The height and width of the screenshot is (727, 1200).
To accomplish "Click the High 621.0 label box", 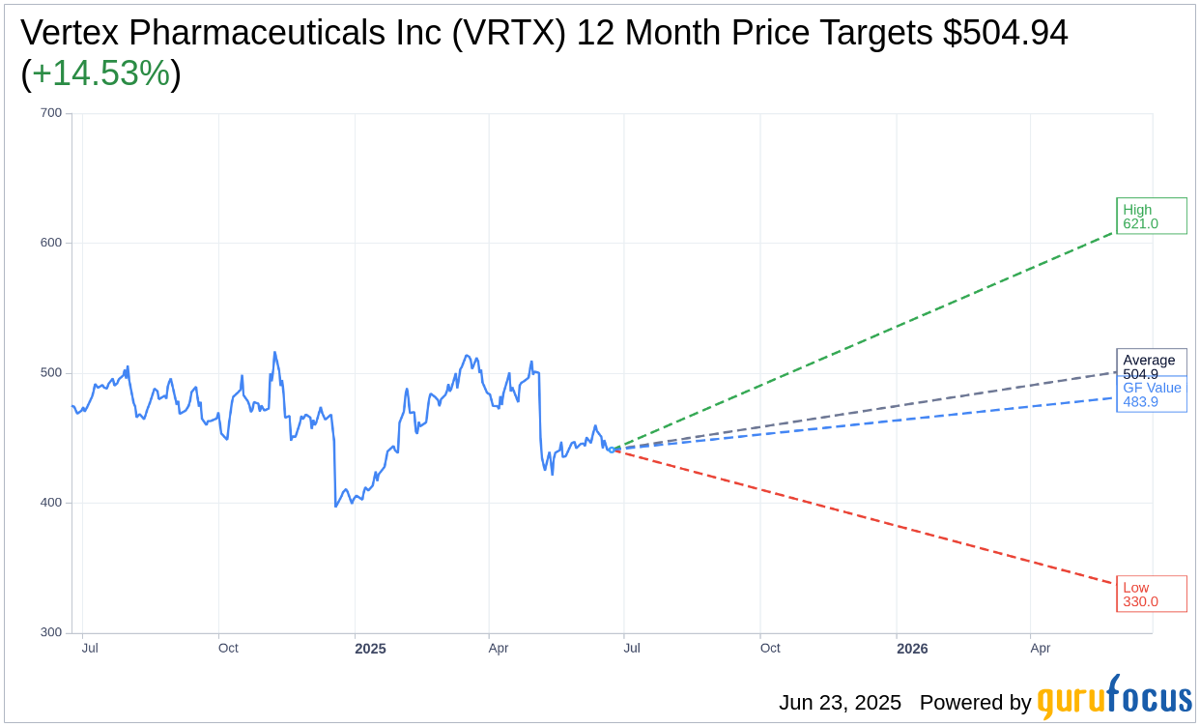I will (1151, 216).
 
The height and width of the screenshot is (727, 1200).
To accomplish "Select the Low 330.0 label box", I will (1151, 594).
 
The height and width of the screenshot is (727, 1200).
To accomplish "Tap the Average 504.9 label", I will (1150, 365).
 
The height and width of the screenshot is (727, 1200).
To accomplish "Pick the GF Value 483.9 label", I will (1152, 394).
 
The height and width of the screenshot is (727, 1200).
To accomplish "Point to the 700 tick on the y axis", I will (50, 113).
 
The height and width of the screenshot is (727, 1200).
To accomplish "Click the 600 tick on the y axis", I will (50, 243).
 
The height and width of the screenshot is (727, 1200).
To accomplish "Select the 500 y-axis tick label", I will (50, 373).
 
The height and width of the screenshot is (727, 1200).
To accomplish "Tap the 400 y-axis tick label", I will (50, 503).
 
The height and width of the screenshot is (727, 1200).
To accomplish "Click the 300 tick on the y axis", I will (50, 633).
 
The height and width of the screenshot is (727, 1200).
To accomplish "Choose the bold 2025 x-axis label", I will (370, 649).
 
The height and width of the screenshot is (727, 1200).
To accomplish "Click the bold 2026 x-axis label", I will (912, 649).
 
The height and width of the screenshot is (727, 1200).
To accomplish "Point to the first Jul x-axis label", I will (90, 648).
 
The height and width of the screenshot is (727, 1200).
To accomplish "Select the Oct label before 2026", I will (770, 648).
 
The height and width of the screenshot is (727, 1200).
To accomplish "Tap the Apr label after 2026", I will (1040, 648).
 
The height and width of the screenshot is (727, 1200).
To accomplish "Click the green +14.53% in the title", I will (101, 74).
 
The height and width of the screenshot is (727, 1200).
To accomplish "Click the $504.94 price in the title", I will (1006, 34).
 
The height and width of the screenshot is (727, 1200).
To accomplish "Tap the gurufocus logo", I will (1114, 698).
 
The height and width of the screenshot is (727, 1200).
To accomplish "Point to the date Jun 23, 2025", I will (840, 703).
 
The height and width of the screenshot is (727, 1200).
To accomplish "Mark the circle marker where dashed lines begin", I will (612, 450).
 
